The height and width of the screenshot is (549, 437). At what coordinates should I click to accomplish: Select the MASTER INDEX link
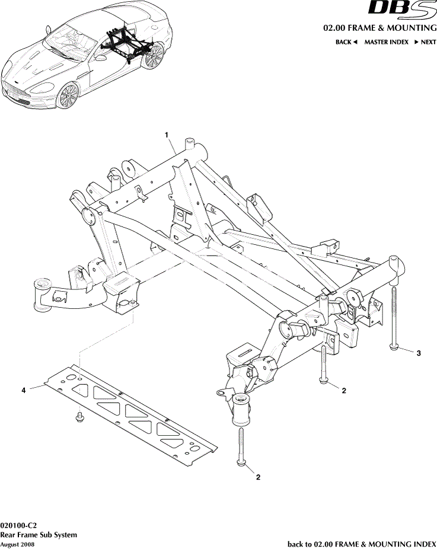tap(386, 42)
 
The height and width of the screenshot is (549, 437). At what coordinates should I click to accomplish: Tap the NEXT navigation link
tap(425, 42)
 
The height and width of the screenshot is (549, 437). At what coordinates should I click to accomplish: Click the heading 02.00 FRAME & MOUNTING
tap(379, 28)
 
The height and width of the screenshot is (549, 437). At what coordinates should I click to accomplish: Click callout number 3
tap(419, 353)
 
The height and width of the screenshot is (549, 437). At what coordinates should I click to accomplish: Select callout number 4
tap(24, 390)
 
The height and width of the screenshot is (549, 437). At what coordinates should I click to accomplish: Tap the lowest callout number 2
tap(259, 477)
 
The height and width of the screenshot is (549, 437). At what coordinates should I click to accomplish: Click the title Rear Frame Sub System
tap(39, 535)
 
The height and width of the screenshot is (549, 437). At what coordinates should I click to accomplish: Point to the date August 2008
tap(17, 544)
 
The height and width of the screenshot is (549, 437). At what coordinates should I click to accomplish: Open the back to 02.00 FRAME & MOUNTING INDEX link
tap(362, 544)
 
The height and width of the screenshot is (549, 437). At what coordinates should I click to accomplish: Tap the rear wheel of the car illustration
tap(154, 56)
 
